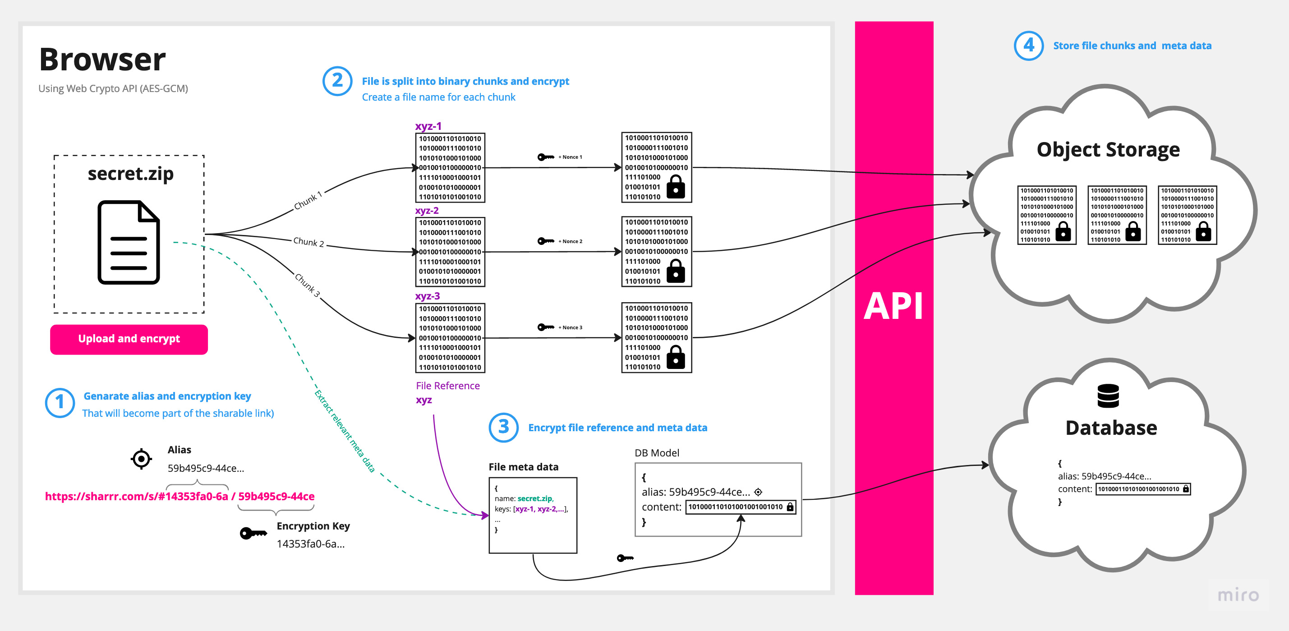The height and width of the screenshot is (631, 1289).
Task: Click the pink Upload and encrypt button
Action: (129, 339)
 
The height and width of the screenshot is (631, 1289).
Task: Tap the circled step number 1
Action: (60, 402)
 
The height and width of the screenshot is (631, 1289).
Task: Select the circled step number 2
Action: (337, 81)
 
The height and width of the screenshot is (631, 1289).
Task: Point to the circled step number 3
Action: (503, 427)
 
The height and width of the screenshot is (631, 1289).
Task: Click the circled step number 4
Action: (1028, 46)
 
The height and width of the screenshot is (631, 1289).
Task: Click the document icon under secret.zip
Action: (129, 242)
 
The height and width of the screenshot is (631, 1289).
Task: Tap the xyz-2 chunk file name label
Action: (427, 211)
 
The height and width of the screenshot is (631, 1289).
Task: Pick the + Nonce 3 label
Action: (571, 328)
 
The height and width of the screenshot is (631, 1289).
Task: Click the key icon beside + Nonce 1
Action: (545, 157)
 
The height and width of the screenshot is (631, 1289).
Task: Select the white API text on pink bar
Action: (894, 306)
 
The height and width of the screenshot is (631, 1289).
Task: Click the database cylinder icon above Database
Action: (1108, 396)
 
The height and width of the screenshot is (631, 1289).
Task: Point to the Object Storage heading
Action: (1108, 150)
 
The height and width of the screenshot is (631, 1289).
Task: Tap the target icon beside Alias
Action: (141, 458)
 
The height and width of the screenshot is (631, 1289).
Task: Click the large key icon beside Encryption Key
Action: (253, 534)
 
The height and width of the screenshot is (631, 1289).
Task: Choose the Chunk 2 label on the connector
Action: (308, 242)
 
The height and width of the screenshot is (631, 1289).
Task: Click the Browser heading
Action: (102, 60)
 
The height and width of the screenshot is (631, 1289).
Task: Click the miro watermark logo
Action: (1238, 595)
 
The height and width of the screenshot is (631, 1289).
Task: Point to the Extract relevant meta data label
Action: (344, 431)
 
